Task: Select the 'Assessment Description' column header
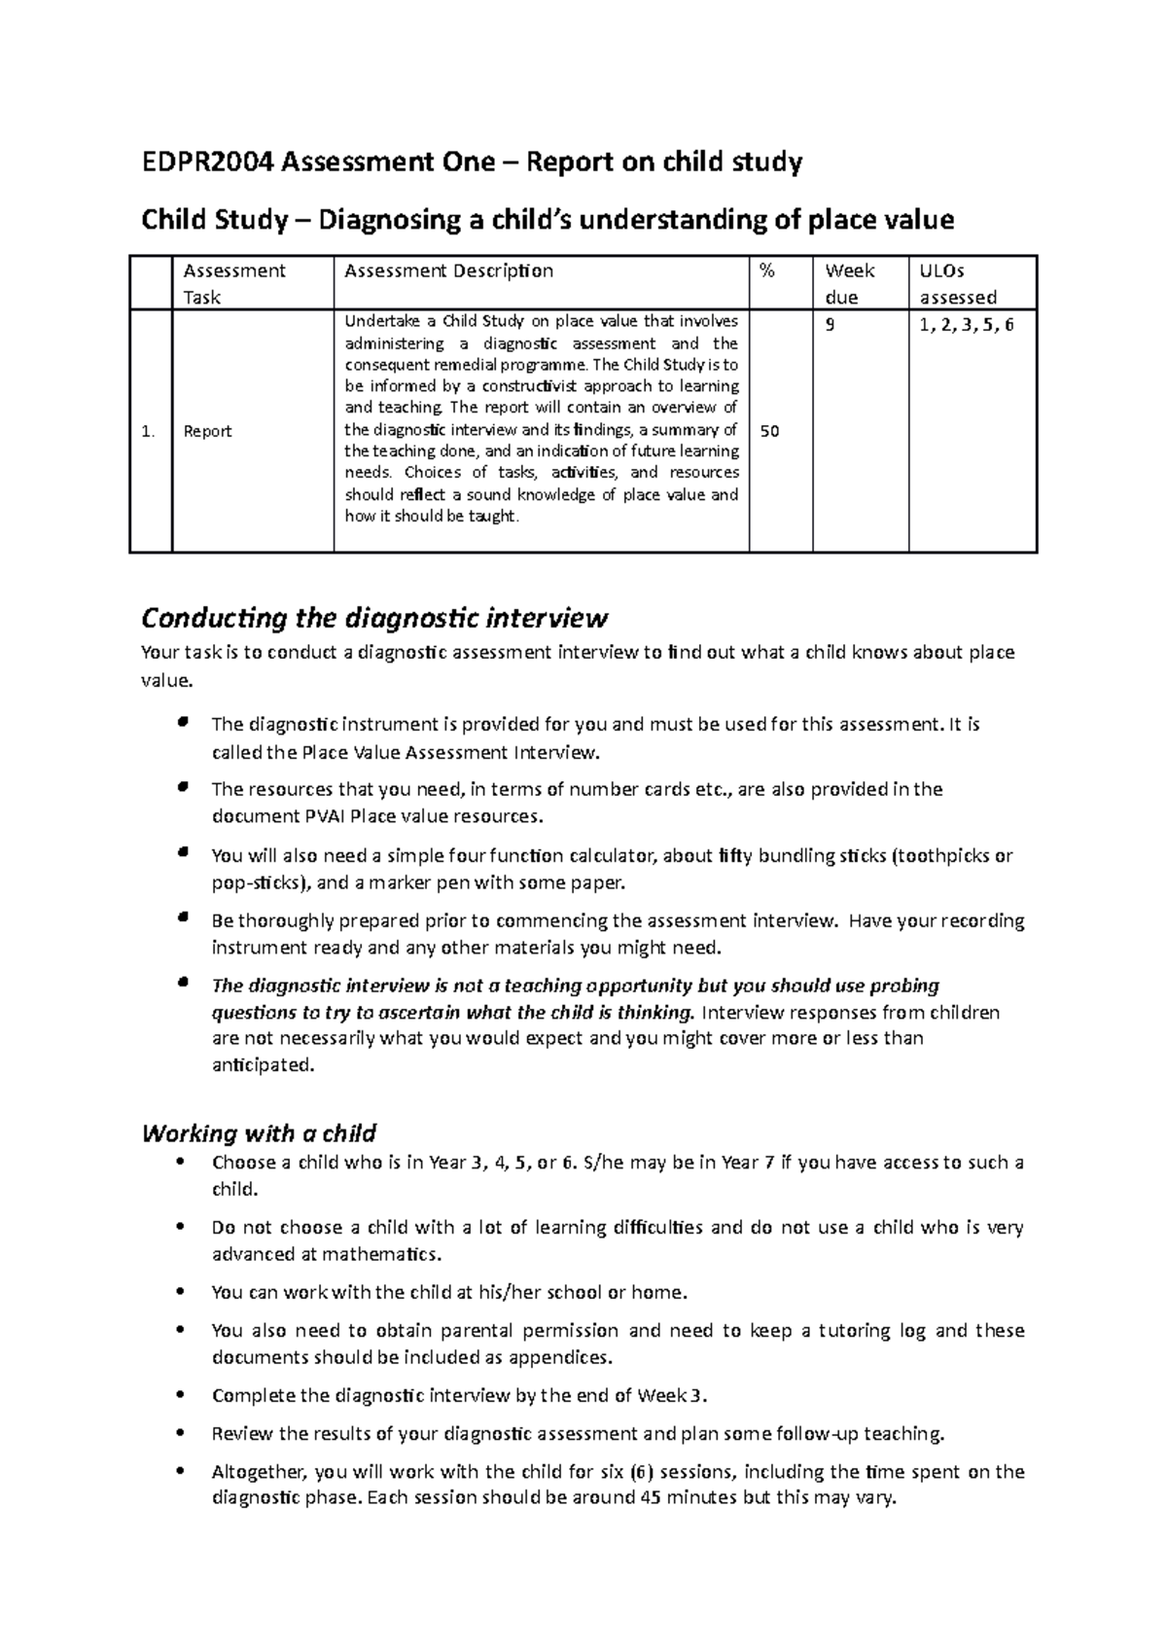click(x=448, y=271)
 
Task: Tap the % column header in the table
click(x=767, y=271)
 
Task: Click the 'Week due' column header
click(x=849, y=283)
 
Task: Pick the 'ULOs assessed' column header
click(x=958, y=283)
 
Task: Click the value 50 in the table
click(x=769, y=431)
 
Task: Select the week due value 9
click(x=830, y=326)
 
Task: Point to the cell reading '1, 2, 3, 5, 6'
click(x=967, y=326)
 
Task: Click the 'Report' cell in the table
click(x=208, y=431)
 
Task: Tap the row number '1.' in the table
click(x=148, y=431)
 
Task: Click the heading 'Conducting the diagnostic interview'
click(x=374, y=618)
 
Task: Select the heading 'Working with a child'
click(x=259, y=1133)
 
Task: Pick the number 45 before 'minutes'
click(x=643, y=1497)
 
